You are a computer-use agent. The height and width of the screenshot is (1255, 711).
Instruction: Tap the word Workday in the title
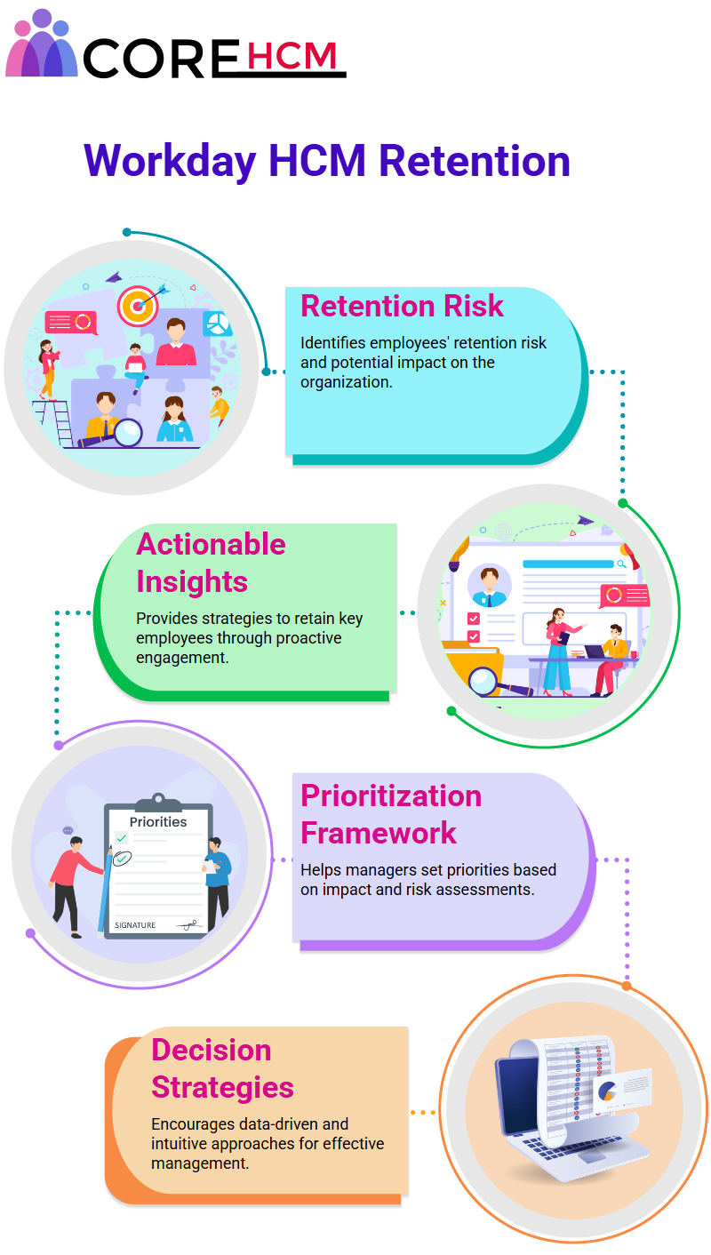click(170, 162)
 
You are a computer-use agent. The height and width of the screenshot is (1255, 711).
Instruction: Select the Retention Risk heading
click(402, 306)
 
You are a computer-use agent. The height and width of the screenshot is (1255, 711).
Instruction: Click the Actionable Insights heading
click(212, 563)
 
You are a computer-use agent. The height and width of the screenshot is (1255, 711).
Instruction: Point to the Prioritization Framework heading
click(391, 814)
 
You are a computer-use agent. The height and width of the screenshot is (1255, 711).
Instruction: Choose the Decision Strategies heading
click(222, 1068)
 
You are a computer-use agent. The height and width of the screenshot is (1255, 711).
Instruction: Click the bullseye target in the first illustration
click(138, 306)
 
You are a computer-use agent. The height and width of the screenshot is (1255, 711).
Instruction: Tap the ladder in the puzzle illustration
click(55, 422)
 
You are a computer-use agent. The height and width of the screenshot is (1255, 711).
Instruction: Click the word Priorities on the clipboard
click(158, 822)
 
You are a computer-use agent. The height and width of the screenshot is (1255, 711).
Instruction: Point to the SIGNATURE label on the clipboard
click(135, 925)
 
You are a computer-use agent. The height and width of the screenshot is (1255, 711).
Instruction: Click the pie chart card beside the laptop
click(622, 1088)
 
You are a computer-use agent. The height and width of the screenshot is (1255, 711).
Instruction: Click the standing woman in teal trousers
click(561, 651)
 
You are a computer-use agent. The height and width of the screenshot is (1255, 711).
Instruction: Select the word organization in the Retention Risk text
click(346, 382)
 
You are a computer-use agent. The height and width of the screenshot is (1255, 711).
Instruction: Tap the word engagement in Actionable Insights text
click(182, 658)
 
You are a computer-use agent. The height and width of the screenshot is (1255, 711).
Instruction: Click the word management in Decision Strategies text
click(199, 1163)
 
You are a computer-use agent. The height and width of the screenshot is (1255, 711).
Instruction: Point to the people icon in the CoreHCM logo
click(41, 44)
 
